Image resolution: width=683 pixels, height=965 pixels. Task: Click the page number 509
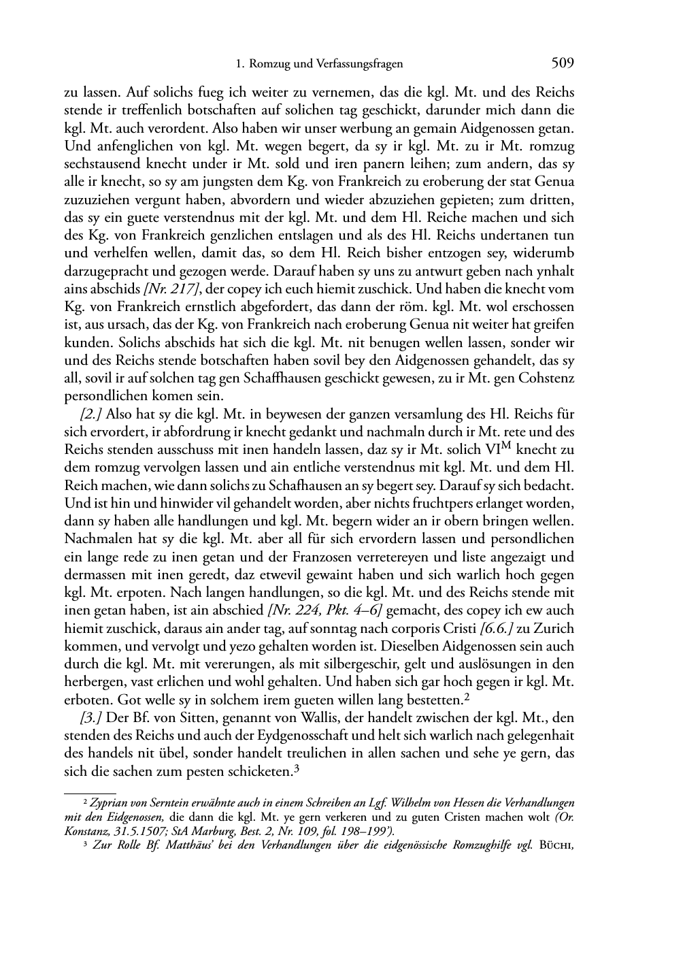[563, 63]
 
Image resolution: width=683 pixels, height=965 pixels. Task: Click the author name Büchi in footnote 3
[556, 848]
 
